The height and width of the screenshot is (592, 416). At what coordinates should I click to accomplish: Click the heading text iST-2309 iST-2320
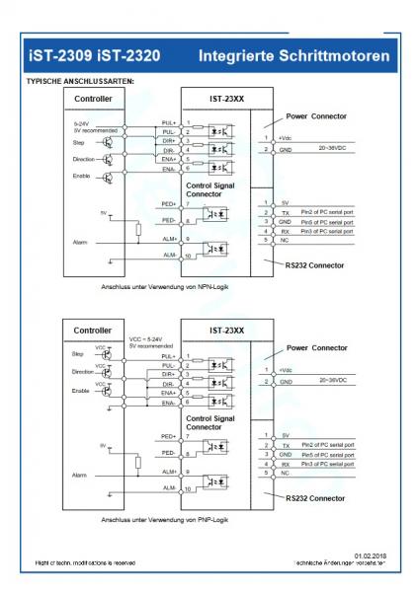pos(90,44)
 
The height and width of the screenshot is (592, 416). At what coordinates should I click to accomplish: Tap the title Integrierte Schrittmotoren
pos(296,44)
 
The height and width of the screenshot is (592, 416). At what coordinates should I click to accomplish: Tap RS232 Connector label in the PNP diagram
pos(317,484)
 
